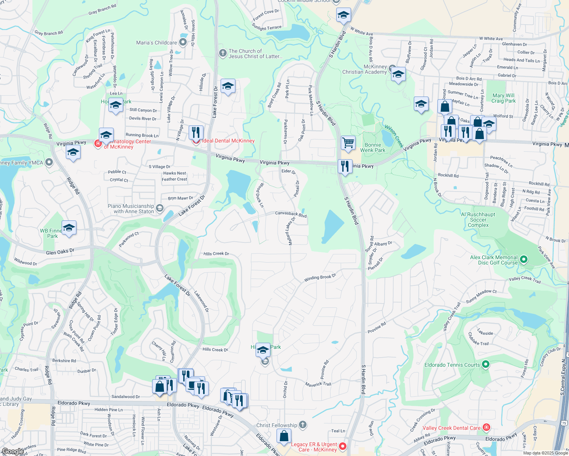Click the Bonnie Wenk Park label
(373, 147)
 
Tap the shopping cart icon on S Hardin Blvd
(348, 143)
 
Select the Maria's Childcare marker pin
(183, 42)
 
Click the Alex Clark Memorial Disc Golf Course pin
(524, 260)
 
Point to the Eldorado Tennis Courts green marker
(485, 365)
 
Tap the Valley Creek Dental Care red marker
(486, 427)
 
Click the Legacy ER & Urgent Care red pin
(342, 446)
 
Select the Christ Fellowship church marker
(303, 425)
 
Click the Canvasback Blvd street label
(291, 214)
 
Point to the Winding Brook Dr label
(320, 278)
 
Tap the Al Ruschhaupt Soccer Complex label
(478, 220)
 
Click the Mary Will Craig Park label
(503, 98)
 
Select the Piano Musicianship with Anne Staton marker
(160, 208)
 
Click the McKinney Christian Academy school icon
(398, 74)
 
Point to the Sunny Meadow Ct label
(481, 296)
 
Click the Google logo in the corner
(12, 451)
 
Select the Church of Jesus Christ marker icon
(223, 53)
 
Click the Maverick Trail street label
(318, 384)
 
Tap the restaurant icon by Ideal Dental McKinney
(196, 132)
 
